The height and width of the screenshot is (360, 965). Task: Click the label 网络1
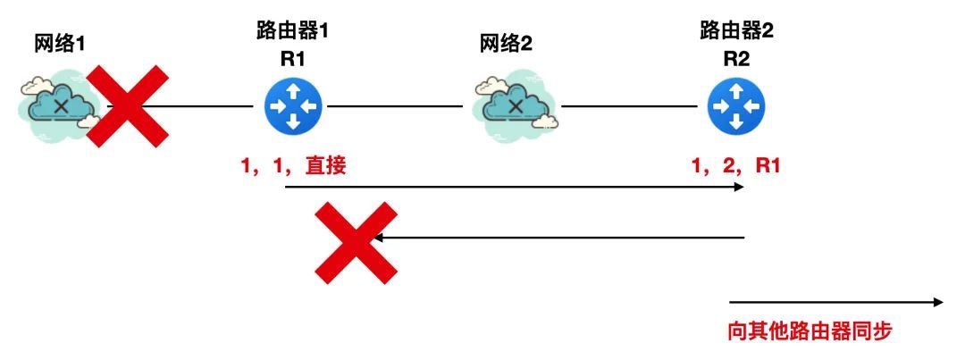click(x=59, y=45)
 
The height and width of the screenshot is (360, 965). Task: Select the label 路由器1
click(x=292, y=30)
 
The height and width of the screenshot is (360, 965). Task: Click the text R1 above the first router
click(x=292, y=60)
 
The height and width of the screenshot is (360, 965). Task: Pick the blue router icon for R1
click(x=294, y=106)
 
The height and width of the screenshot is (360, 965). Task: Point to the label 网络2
click(x=506, y=45)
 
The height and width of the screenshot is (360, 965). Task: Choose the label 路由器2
click(x=736, y=30)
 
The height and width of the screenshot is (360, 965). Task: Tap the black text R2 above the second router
click(x=736, y=60)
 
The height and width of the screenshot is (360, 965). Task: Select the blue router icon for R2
click(x=736, y=106)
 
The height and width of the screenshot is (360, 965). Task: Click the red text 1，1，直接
click(x=294, y=166)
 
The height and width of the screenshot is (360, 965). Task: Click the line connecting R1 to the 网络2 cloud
click(x=395, y=106)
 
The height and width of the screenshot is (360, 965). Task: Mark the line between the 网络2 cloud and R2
click(x=630, y=106)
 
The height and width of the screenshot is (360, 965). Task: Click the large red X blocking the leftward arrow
click(x=357, y=243)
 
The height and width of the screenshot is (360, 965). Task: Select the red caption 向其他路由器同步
click(x=810, y=332)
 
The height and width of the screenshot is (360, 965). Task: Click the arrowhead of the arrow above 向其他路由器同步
click(x=938, y=302)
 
